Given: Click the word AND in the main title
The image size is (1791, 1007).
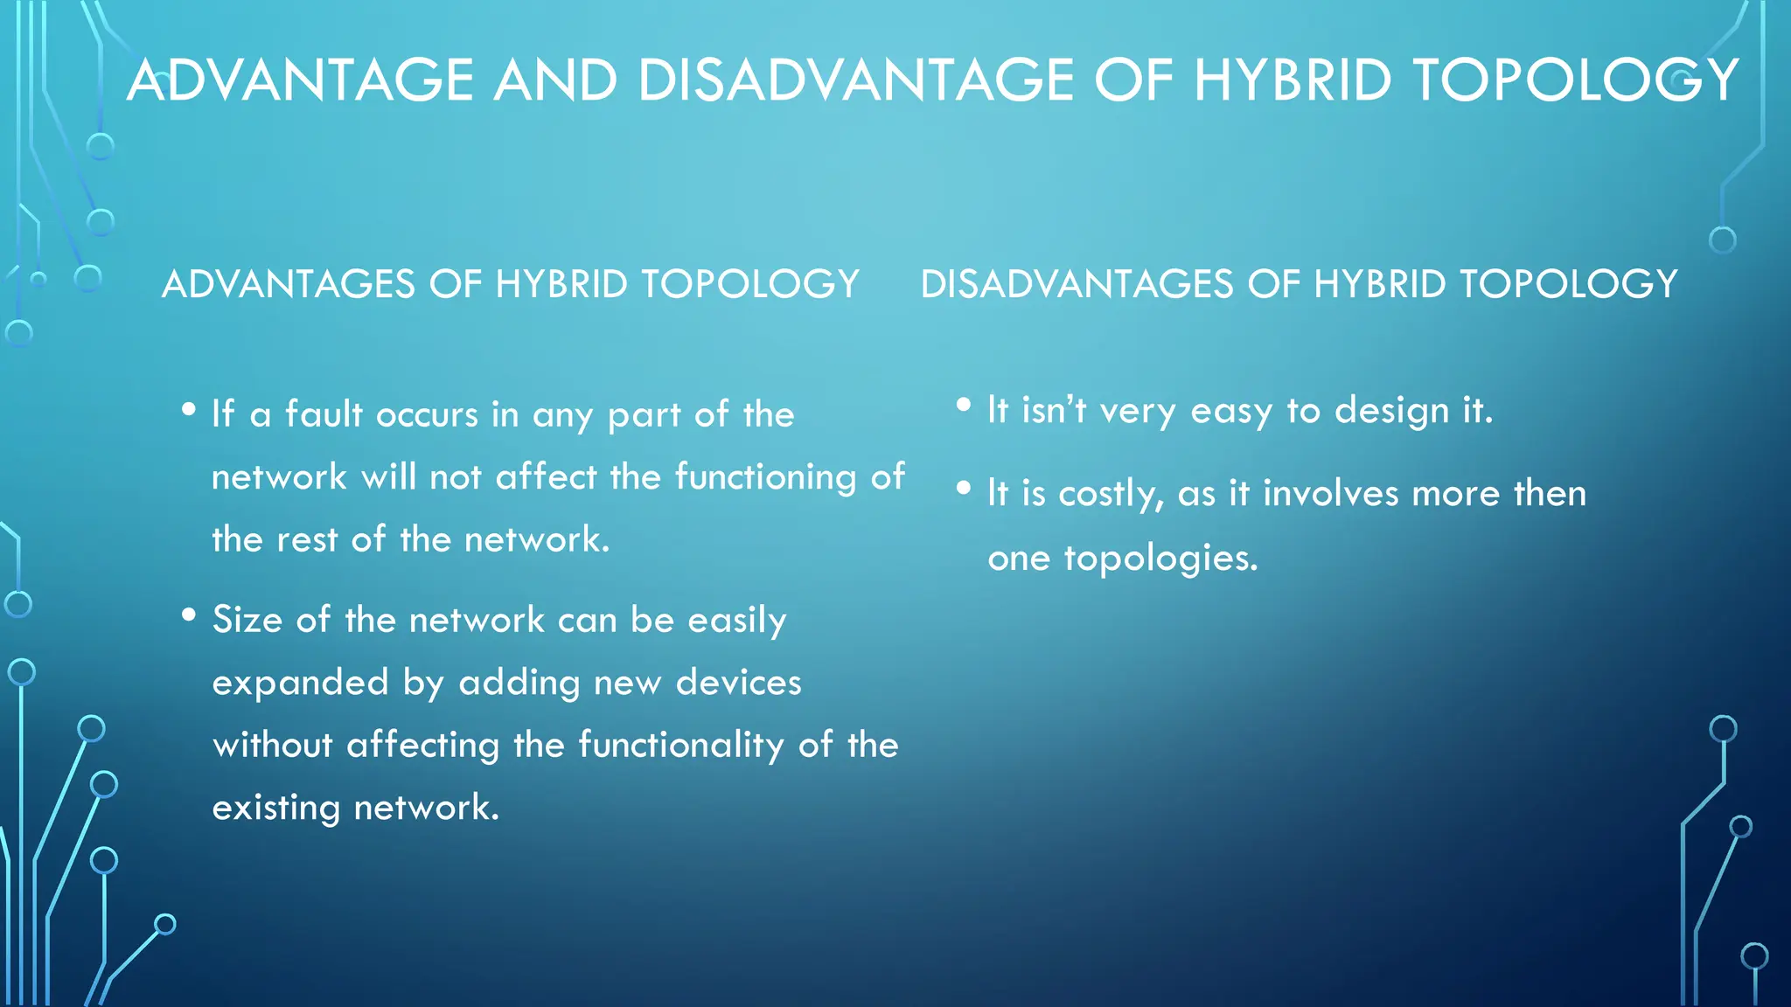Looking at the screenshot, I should (x=555, y=80).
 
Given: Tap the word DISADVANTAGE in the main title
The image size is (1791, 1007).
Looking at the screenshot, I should (x=856, y=80).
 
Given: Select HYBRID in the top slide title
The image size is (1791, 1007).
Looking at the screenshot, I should (x=1293, y=80).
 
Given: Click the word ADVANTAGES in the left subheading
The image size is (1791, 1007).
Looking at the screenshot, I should (x=288, y=285).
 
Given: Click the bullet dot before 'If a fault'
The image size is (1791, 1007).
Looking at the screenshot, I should (x=189, y=409).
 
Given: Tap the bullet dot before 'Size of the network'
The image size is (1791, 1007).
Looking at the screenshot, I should (x=189, y=615).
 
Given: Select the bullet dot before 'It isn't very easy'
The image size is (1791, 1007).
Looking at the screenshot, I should (x=964, y=405).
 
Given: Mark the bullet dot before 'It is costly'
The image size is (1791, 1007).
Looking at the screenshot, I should (x=964, y=488).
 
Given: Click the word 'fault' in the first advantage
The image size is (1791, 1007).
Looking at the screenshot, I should (x=324, y=414).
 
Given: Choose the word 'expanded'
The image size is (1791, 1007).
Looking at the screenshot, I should (x=300, y=683).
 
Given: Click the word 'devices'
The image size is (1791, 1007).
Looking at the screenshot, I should (x=738, y=683).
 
